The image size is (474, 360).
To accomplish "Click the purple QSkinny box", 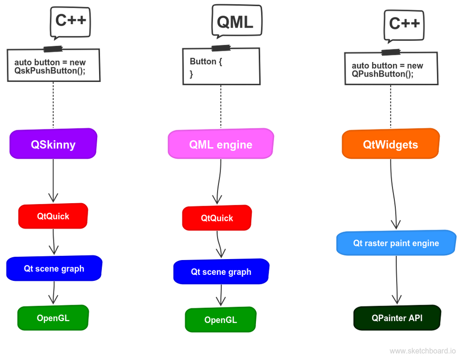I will pyautogui.click(x=53, y=144).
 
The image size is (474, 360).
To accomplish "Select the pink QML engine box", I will pyautogui.click(x=221, y=144).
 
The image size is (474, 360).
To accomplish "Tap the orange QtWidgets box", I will pyautogui.click(x=391, y=144).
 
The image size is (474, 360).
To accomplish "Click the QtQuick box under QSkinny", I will pyautogui.click(x=53, y=216).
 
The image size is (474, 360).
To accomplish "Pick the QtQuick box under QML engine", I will pyautogui.click(x=217, y=218).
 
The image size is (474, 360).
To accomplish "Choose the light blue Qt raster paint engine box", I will pyautogui.click(x=396, y=243).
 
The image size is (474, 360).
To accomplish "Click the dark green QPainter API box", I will pyautogui.click(x=397, y=318).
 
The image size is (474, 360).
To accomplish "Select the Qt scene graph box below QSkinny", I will pyautogui.click(x=54, y=269).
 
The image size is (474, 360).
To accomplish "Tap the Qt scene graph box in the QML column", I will pyautogui.click(x=221, y=272).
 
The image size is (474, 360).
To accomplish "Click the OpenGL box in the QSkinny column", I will pyautogui.click(x=53, y=318).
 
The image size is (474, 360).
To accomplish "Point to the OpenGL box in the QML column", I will pyautogui.click(x=220, y=320).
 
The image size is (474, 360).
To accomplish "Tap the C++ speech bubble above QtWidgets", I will pyautogui.click(x=404, y=24).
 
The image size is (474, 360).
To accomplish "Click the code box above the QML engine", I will pyautogui.click(x=221, y=66).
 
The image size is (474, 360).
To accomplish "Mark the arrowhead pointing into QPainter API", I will pyautogui.click(x=397, y=298).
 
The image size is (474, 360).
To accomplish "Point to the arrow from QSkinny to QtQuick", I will pyautogui.click(x=53, y=180).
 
